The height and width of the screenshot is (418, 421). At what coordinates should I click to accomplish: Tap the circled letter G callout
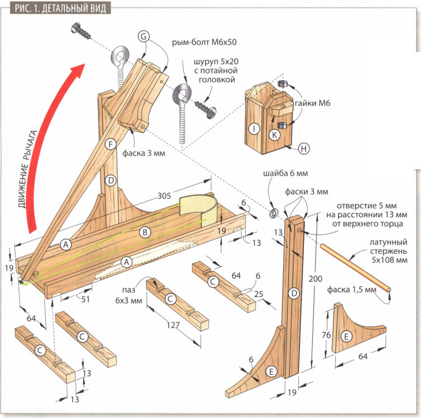pos(144,36)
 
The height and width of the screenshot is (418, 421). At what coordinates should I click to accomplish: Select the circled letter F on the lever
pos(110,144)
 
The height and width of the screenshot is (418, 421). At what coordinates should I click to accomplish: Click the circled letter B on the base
pos(145,231)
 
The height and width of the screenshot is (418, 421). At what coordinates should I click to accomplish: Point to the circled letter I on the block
pos(255,129)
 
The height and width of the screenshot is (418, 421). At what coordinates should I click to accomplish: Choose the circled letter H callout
pos(303,148)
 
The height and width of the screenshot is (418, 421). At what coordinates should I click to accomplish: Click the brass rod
pos(355,267)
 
